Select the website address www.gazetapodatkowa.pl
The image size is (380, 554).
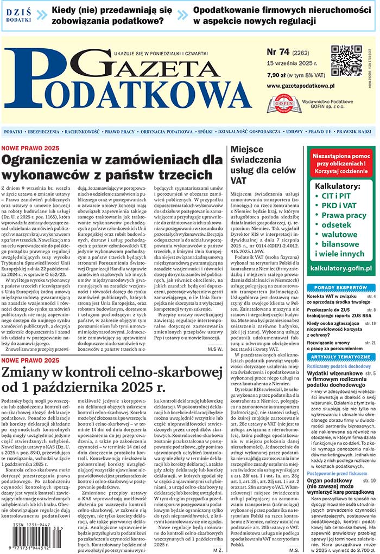300,86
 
